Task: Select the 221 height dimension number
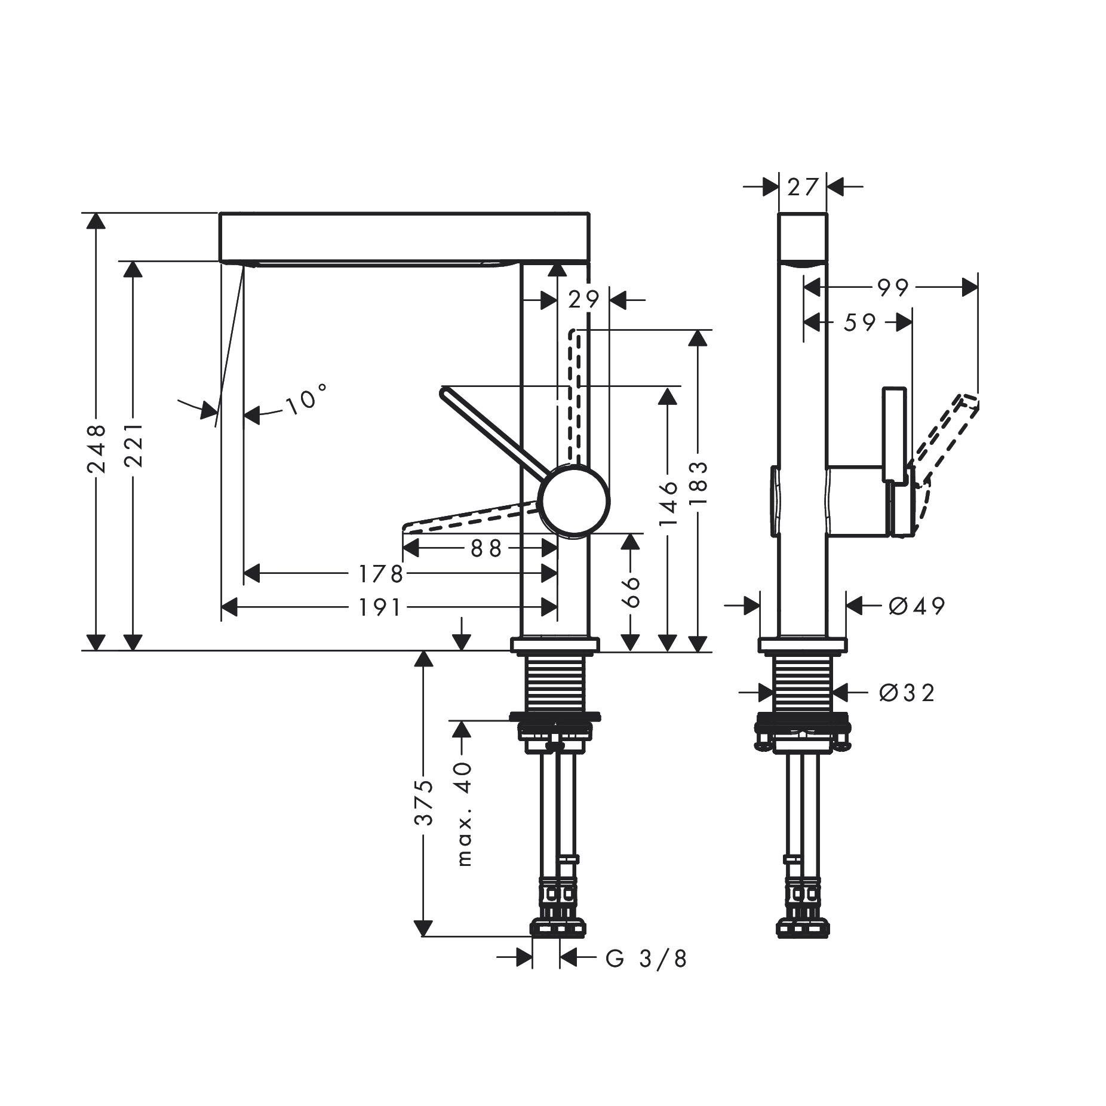133,445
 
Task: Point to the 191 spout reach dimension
380,607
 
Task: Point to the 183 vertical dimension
697,483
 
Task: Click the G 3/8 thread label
646,958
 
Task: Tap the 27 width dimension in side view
802,188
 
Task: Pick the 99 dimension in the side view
893,288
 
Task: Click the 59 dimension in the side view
859,323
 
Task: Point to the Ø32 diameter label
907,693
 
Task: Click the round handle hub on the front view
574,502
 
